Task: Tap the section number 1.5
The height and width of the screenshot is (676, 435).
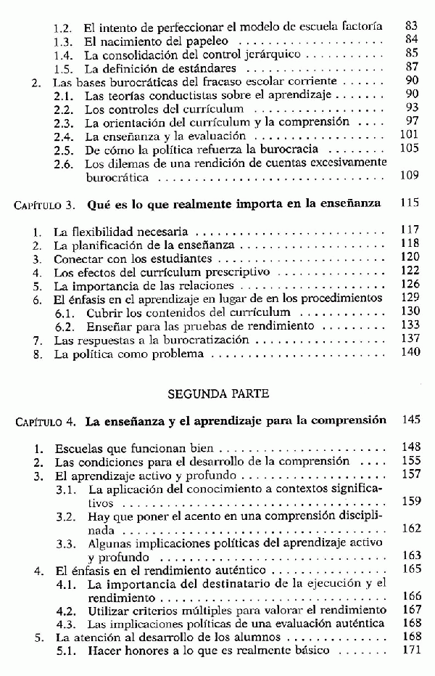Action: (65, 68)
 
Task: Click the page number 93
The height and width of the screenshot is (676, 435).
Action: (412, 108)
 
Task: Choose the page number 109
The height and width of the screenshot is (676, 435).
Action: (410, 176)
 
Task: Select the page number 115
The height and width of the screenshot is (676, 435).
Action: (410, 205)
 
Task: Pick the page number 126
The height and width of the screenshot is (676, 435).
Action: (410, 285)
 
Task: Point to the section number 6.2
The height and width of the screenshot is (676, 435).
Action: (65, 325)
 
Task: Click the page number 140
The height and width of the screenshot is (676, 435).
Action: (410, 353)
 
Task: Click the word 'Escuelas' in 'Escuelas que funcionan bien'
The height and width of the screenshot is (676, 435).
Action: (78, 448)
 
